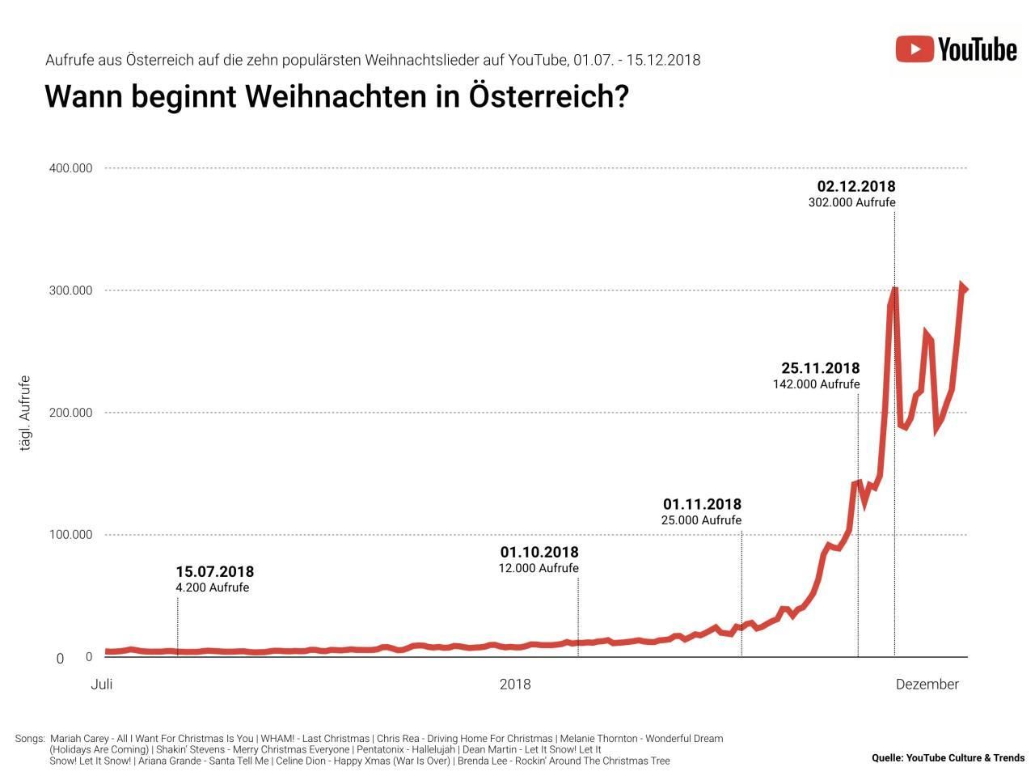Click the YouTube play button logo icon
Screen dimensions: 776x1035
click(x=915, y=49)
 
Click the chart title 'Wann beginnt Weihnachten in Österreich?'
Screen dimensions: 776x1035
click(x=336, y=96)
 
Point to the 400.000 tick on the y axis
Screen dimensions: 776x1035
click(x=72, y=168)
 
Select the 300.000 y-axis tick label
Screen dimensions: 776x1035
click(x=72, y=290)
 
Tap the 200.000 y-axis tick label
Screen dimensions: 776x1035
click(x=72, y=413)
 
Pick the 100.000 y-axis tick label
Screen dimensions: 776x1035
click(x=72, y=535)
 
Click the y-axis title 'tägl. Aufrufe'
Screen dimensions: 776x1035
click(x=24, y=413)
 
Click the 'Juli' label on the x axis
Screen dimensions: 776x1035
click(x=102, y=685)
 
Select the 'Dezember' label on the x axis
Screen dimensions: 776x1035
click(x=927, y=685)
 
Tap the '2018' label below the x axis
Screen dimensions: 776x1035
click(x=515, y=685)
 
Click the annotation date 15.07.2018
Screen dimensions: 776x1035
click(x=214, y=572)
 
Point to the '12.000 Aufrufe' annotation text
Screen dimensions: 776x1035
click(x=539, y=568)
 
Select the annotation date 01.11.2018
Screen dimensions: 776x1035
click(x=702, y=505)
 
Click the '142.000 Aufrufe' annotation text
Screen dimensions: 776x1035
click(x=816, y=384)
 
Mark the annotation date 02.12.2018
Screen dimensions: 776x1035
click(x=856, y=187)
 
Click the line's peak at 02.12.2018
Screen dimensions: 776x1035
click(x=894, y=289)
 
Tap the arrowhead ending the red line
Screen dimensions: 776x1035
click(x=963, y=288)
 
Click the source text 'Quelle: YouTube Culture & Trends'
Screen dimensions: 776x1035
click(x=948, y=758)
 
